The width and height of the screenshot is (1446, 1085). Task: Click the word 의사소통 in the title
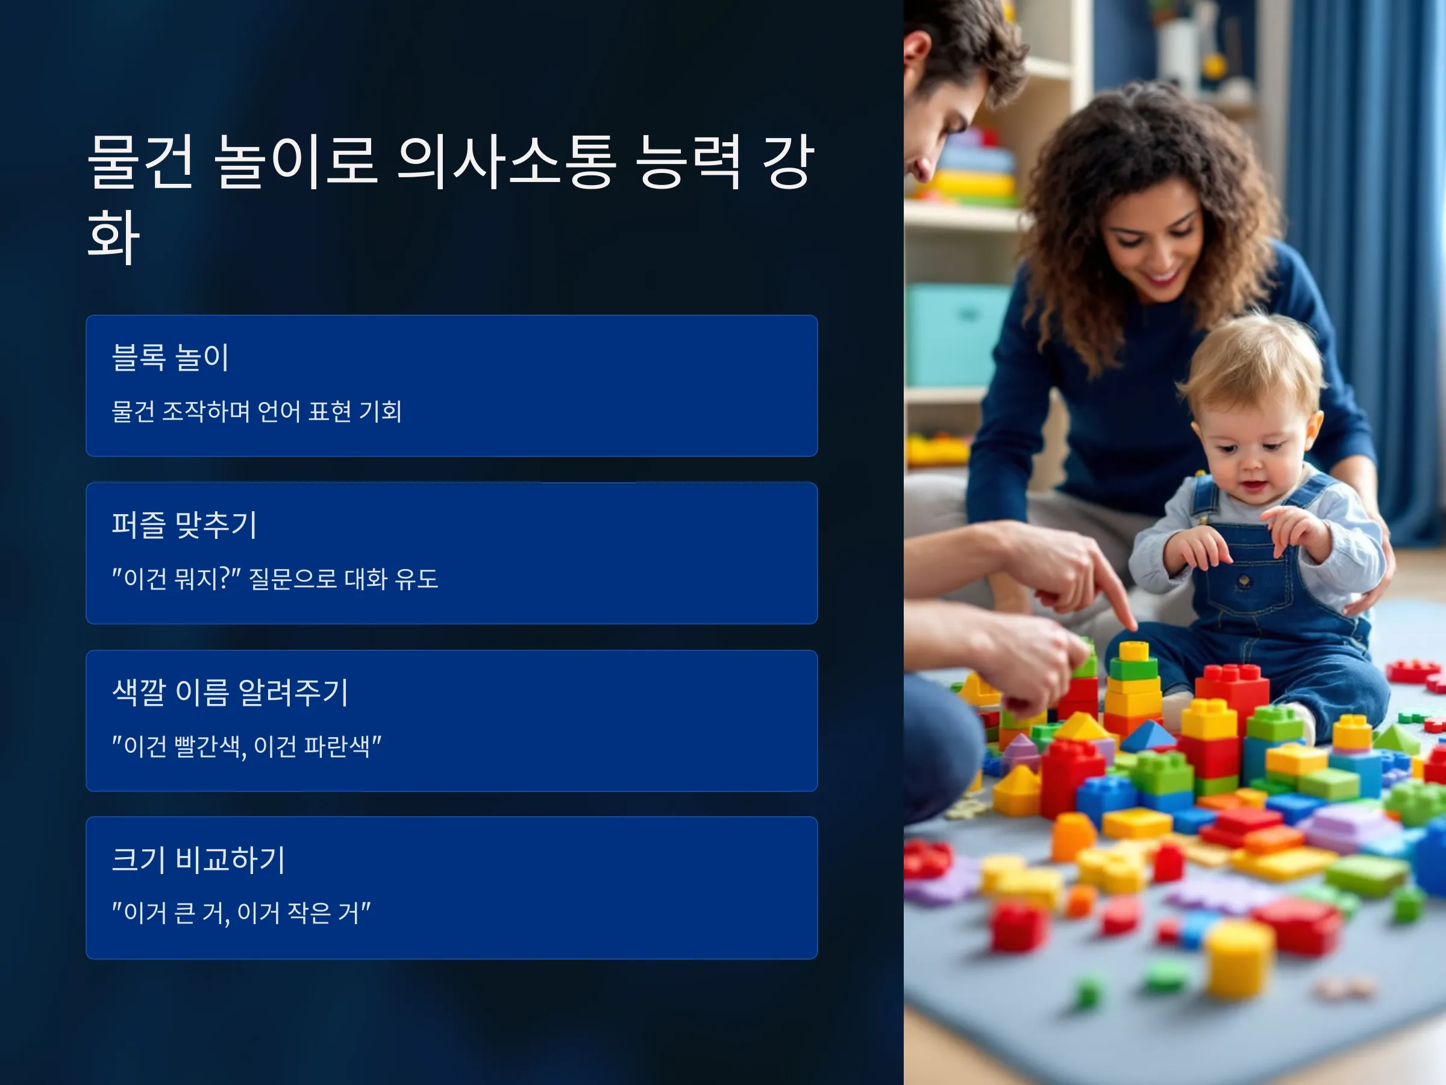506,162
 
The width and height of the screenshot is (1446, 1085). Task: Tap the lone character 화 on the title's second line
113,236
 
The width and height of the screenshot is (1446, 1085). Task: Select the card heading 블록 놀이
170,357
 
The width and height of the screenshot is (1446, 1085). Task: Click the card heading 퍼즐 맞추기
184,524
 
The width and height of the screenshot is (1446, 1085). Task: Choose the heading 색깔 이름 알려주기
230,692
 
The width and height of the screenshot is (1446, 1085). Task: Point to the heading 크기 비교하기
199,860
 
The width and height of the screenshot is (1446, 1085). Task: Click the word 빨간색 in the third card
210,746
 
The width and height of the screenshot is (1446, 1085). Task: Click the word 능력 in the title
688,162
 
